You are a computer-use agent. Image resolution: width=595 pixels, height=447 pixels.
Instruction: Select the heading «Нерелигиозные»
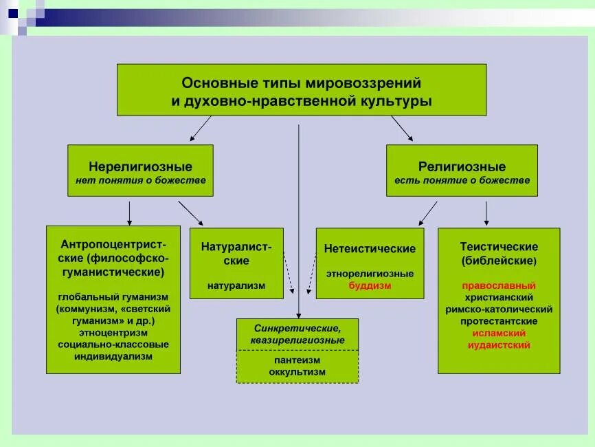[x=140, y=166]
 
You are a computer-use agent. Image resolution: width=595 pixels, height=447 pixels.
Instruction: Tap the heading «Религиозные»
[x=462, y=166]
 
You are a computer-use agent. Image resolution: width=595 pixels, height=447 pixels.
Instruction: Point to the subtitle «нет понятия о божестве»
[x=140, y=180]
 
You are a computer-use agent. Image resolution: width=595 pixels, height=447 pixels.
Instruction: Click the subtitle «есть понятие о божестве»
[x=462, y=180]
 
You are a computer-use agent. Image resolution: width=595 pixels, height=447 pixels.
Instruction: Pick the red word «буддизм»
[x=370, y=285]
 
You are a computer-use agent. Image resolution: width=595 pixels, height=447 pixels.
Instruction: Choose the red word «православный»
[x=499, y=285]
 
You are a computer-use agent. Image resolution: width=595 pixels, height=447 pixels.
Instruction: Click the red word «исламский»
[x=499, y=333]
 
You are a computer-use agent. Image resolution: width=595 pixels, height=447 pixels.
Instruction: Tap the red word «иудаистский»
[x=499, y=345]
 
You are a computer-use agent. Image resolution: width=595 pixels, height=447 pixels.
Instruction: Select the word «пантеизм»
[x=297, y=360]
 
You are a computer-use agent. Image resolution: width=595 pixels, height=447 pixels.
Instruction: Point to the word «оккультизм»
[x=297, y=372]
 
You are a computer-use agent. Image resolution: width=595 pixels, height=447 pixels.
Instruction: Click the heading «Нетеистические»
[x=370, y=249]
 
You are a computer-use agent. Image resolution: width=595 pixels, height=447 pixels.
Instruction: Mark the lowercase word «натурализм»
[x=236, y=285]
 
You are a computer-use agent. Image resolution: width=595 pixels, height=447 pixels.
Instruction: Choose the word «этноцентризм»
[x=113, y=333]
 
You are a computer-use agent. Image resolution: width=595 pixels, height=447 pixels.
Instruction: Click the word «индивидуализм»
[x=113, y=357]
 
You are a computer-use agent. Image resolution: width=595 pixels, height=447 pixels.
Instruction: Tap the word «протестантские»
[x=499, y=321]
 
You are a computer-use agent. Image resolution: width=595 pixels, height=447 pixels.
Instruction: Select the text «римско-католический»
[x=499, y=309]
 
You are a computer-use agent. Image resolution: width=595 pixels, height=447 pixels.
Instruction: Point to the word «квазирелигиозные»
[x=297, y=340]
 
